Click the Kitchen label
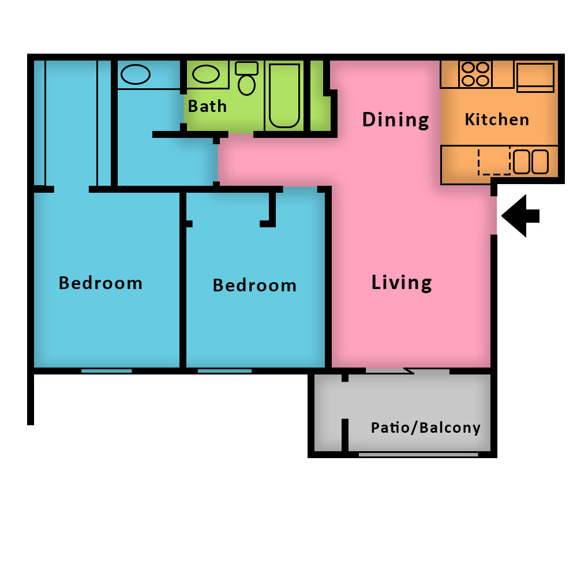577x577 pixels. coord(497,119)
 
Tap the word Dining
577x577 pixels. coord(396,120)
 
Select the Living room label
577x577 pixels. coord(402,283)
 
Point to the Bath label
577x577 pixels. coord(207,106)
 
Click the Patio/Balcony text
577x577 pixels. coord(426,428)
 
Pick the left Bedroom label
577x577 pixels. coord(100,283)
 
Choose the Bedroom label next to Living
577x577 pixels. coord(254,285)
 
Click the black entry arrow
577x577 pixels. coord(520,216)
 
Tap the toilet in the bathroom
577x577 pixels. coord(246,78)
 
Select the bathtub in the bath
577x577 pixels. coord(284,96)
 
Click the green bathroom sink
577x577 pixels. coord(206,74)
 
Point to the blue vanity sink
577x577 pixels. coord(136,74)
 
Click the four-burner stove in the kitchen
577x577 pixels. coord(475,74)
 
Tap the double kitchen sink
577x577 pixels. coord(531,162)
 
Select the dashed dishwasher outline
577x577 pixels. coord(494,161)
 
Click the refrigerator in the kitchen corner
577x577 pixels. coord(535,77)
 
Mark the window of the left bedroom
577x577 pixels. coord(106,371)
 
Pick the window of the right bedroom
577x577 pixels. coord(225,371)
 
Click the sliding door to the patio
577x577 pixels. coord(408,371)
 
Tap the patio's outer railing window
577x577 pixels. coord(418,455)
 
